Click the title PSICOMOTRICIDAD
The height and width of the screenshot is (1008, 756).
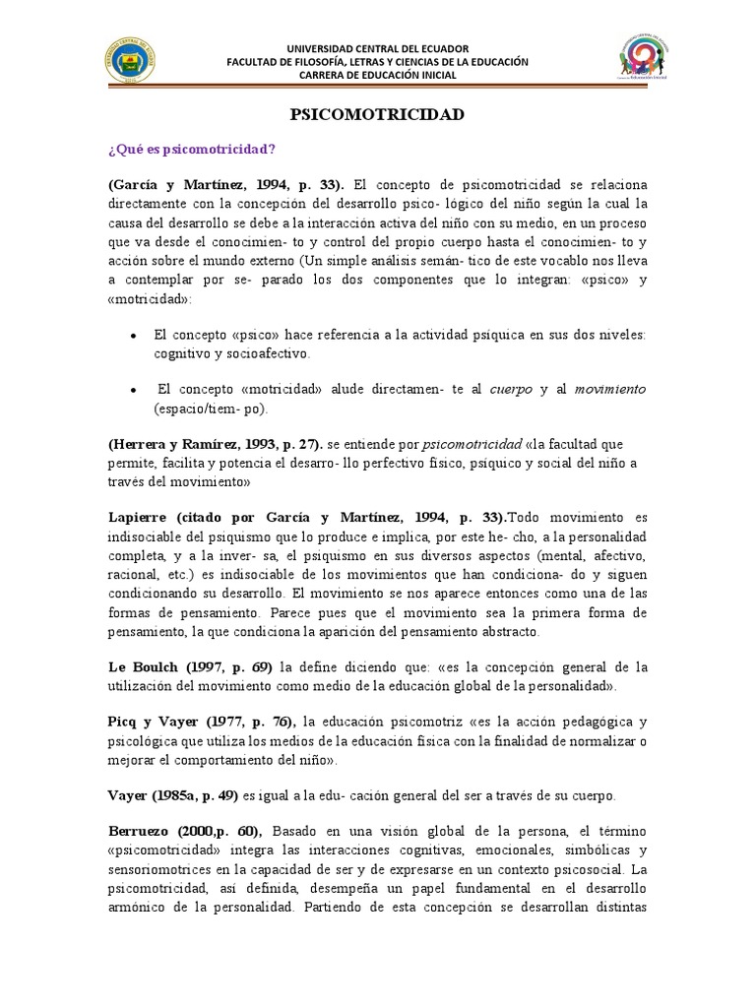point(377,115)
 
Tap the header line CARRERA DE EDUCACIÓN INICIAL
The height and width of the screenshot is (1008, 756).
point(377,75)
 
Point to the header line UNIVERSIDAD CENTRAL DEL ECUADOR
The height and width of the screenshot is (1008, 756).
point(377,48)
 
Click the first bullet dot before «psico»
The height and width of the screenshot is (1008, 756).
point(133,336)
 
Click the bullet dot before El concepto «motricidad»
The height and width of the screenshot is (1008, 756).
point(133,390)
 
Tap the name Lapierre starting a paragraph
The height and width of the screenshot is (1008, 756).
point(139,518)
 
